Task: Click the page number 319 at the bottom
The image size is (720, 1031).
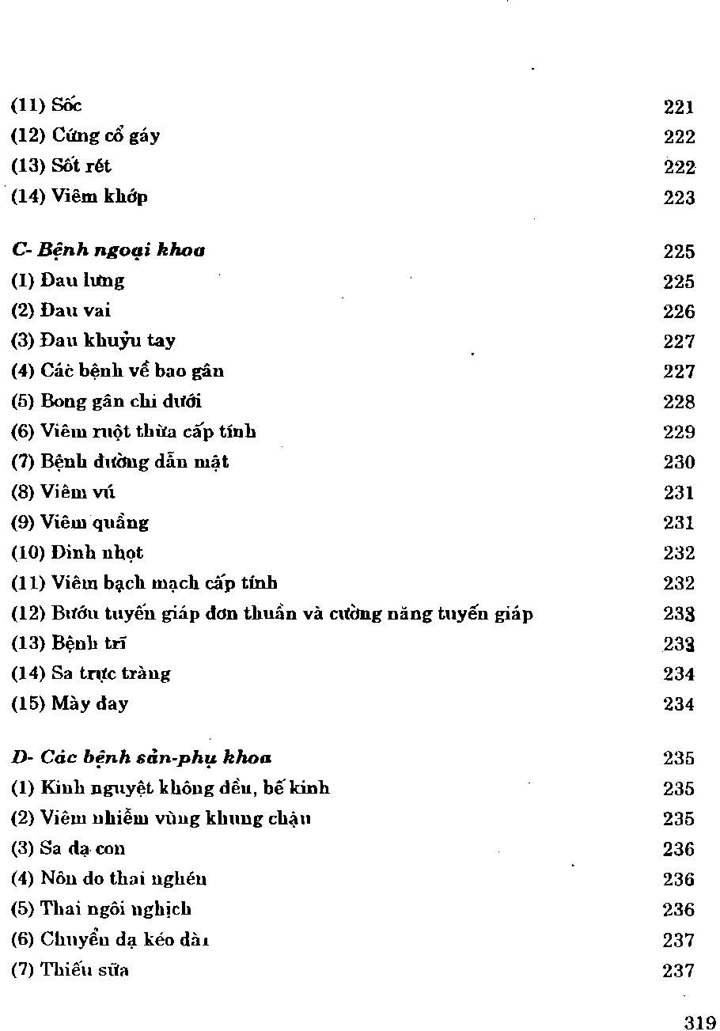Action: pyautogui.click(x=699, y=1022)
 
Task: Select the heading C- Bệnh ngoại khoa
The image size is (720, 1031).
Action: pyautogui.click(x=108, y=251)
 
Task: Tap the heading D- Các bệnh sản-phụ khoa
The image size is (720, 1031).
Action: pyautogui.click(x=142, y=758)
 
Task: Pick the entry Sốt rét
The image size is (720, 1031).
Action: pyautogui.click(x=61, y=166)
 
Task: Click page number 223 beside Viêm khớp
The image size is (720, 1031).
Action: pyautogui.click(x=679, y=197)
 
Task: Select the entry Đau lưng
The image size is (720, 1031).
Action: pyautogui.click(x=68, y=281)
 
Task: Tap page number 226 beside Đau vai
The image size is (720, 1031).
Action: pyautogui.click(x=679, y=312)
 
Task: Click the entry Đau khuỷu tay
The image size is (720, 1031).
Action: pyautogui.click(x=93, y=341)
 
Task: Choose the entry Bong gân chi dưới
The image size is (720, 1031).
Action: pyautogui.click(x=107, y=401)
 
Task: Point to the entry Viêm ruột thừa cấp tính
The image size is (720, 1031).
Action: pyautogui.click(x=134, y=432)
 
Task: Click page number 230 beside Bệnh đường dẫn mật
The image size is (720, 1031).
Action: pyautogui.click(x=679, y=462)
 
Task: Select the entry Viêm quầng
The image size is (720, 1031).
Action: pyautogui.click(x=80, y=523)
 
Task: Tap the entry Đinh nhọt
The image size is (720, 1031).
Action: pyautogui.click(x=77, y=552)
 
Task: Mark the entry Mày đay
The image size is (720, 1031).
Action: pyautogui.click(x=70, y=703)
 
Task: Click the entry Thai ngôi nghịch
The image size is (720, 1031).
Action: pyautogui.click(x=101, y=909)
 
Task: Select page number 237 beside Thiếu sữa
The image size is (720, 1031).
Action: pyautogui.click(x=679, y=970)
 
